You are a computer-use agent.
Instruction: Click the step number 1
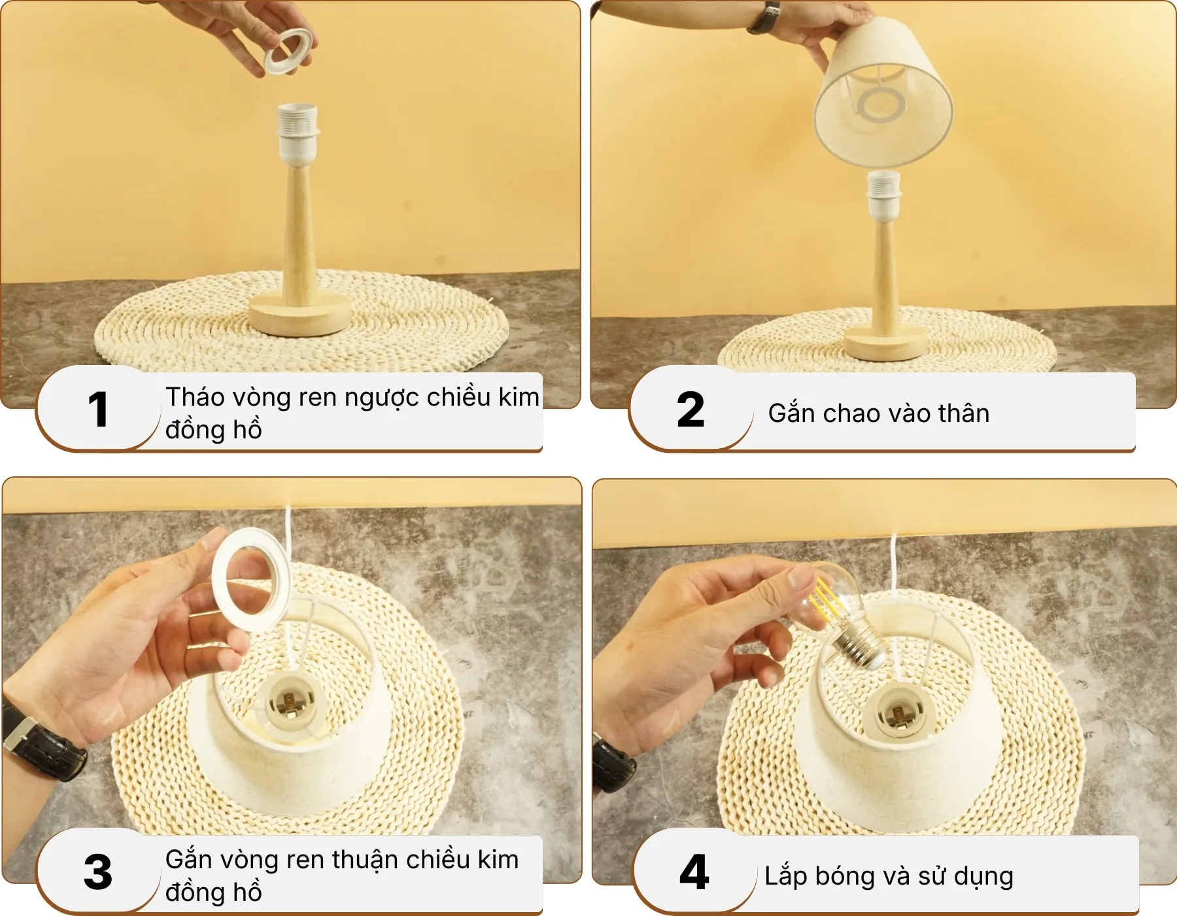click(x=98, y=410)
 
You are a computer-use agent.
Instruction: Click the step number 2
click(x=691, y=410)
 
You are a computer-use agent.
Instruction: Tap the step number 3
click(x=98, y=872)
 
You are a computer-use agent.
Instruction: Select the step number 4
click(x=694, y=872)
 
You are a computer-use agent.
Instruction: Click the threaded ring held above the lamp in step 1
click(x=288, y=52)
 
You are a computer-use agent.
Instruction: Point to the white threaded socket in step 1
click(x=298, y=131)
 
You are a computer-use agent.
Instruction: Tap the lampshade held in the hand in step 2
click(x=883, y=98)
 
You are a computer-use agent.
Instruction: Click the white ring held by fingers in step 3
click(x=251, y=579)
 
